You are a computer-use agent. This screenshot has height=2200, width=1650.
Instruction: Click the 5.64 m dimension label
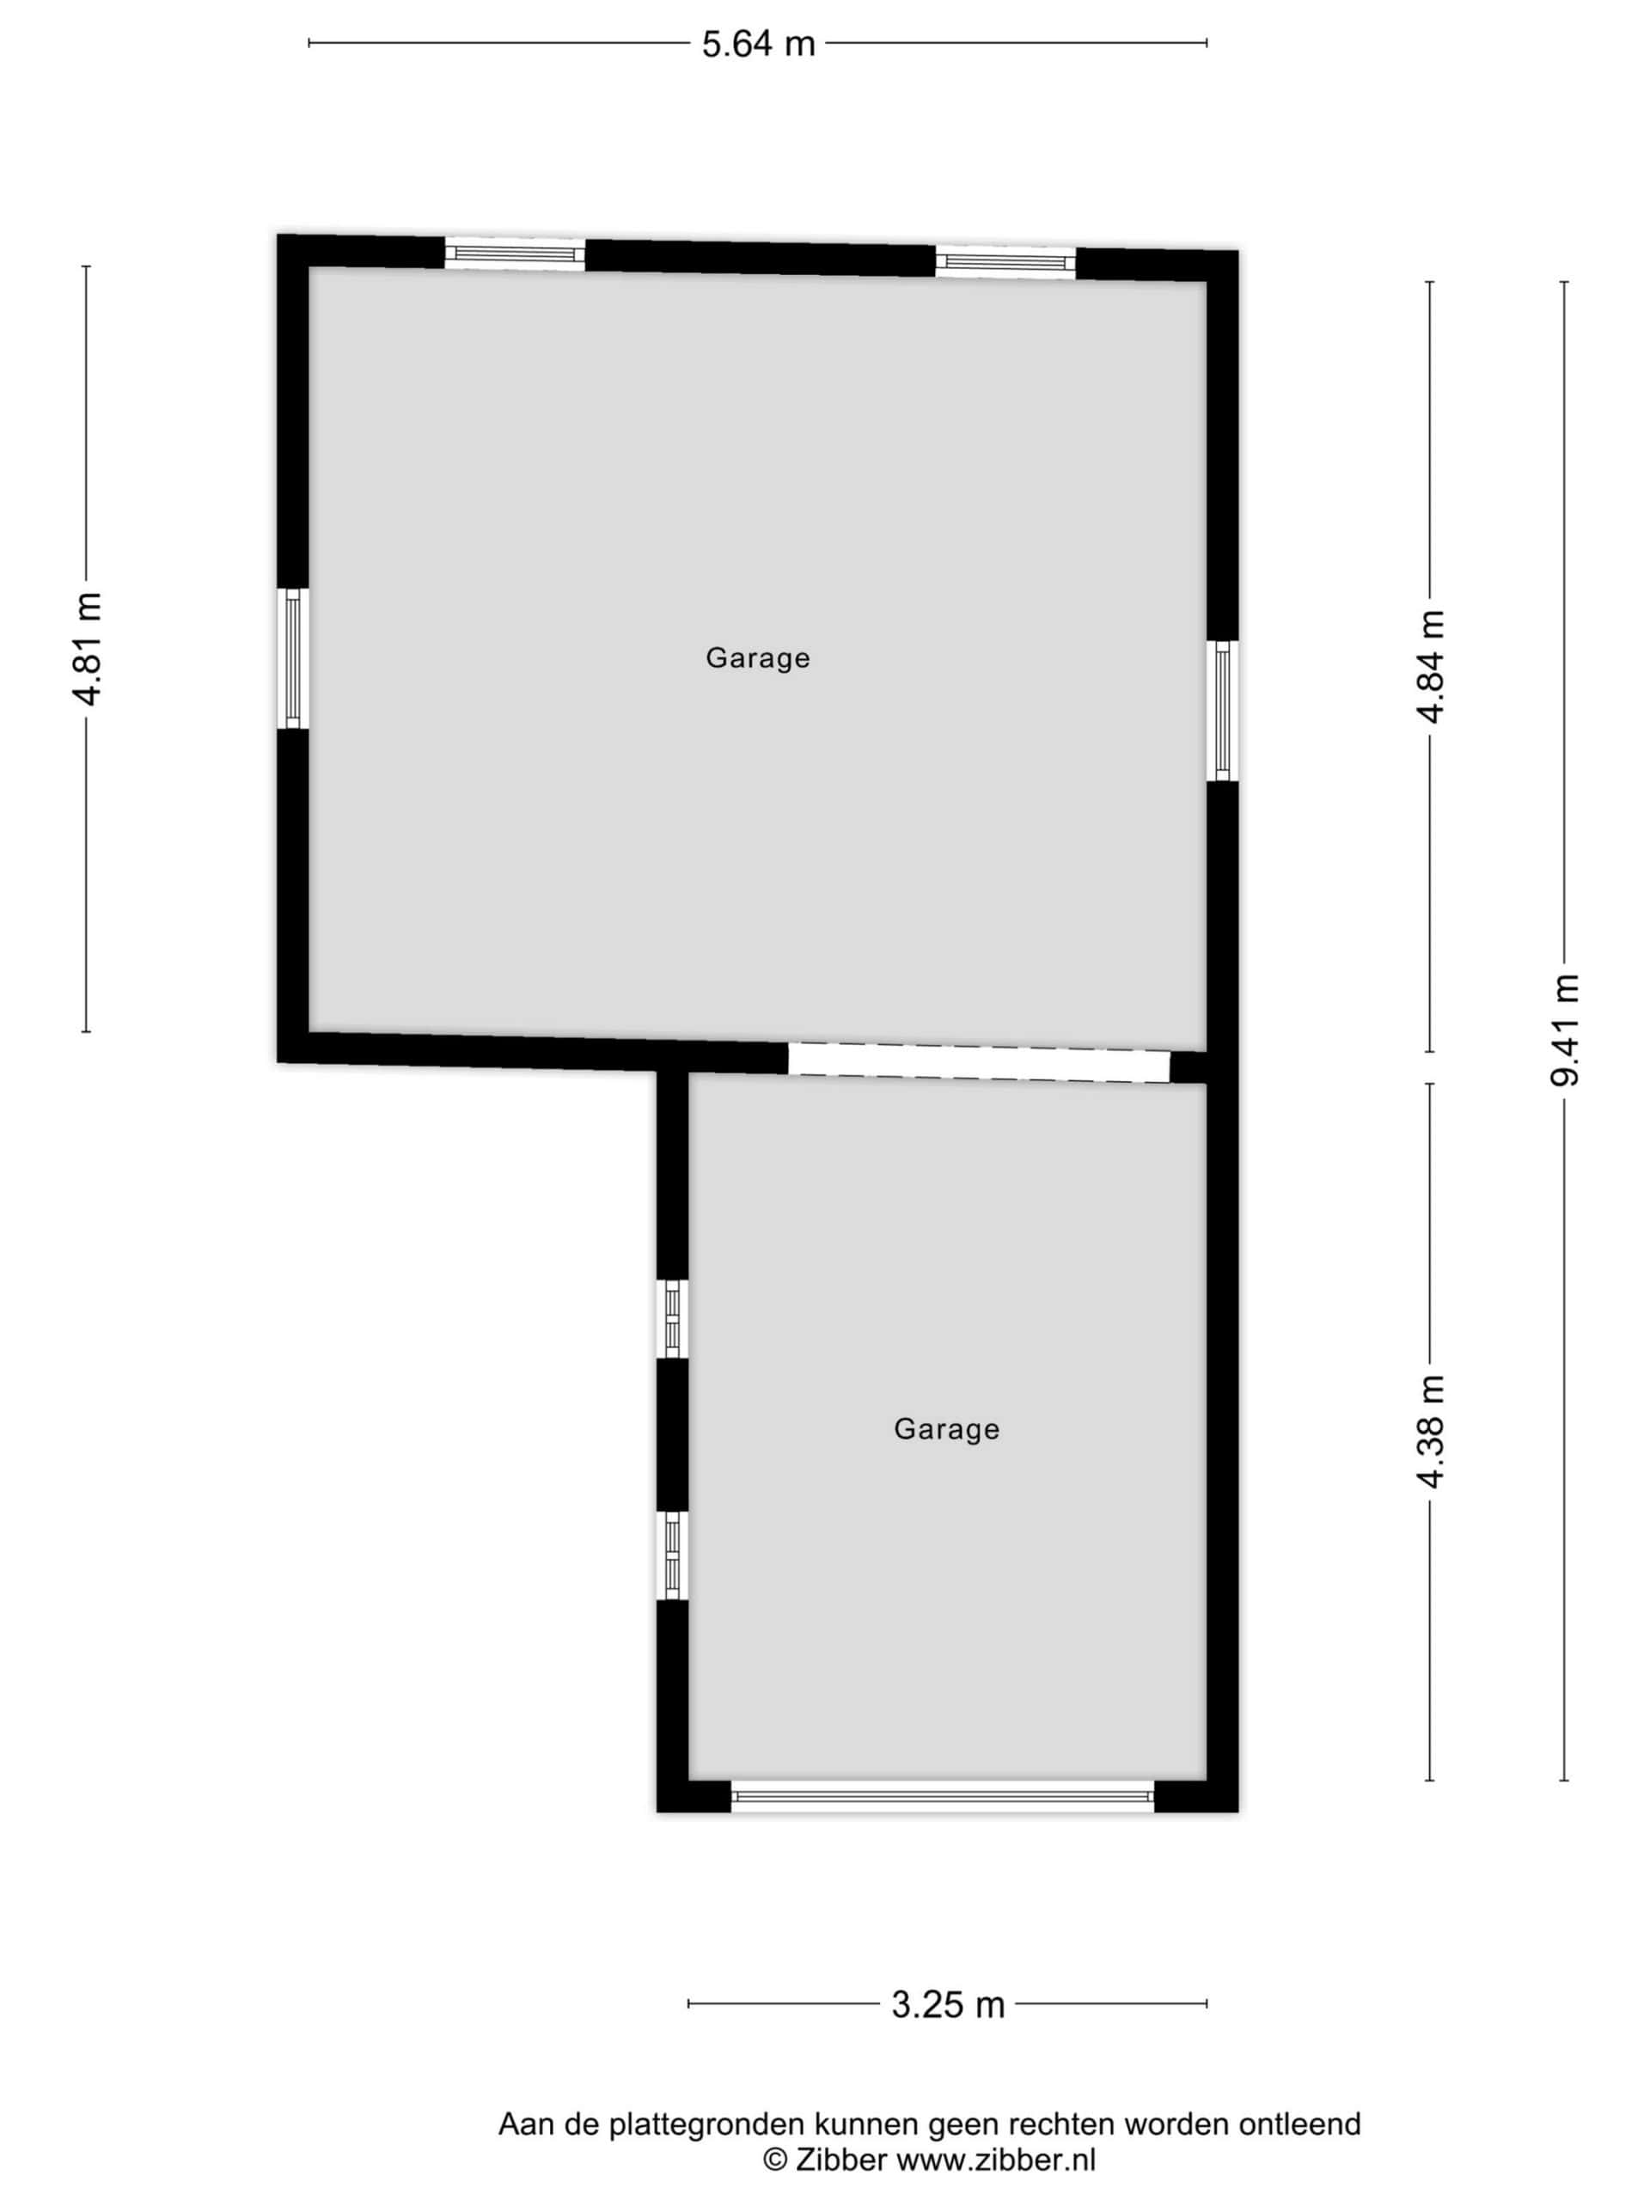pos(758,45)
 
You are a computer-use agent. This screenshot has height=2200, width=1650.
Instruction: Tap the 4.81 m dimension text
pos(88,649)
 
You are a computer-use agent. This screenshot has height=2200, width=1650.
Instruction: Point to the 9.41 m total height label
pos(1564,1030)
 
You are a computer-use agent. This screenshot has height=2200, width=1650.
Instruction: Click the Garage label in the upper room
pos(758,657)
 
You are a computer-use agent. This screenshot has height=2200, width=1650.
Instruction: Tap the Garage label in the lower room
pos(946,1429)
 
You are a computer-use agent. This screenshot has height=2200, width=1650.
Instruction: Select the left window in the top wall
pos(514,254)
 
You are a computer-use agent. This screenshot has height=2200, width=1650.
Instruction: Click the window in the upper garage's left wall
pos(292,658)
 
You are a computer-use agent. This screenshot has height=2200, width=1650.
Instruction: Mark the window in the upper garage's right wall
pos(1222,711)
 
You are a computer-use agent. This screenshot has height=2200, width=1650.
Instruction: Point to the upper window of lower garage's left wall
pos(672,1317)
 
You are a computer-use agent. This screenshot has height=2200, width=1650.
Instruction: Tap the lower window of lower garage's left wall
pos(672,1555)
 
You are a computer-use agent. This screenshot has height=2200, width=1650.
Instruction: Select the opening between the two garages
pos(980,1063)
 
